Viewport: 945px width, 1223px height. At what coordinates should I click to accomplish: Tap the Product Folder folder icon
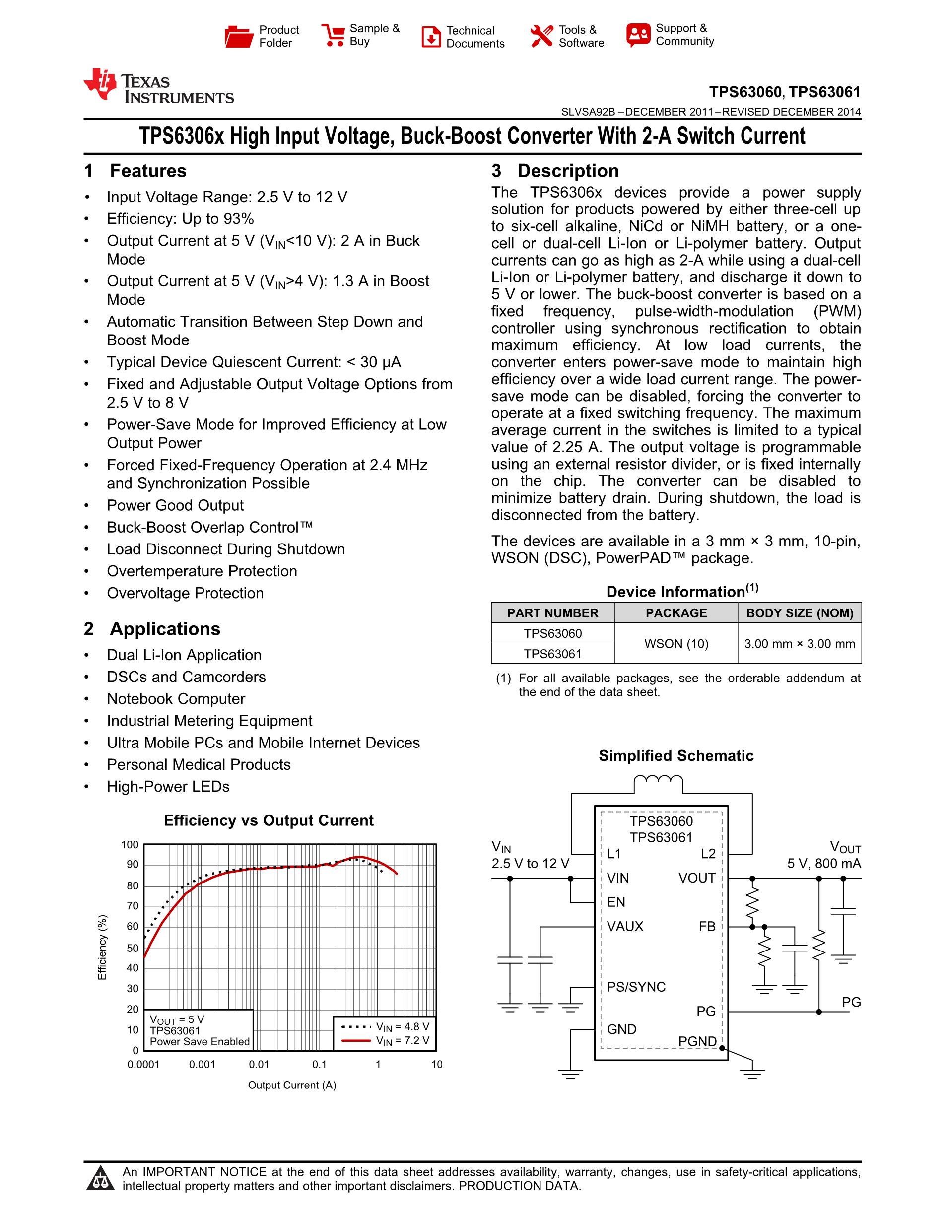click(239, 36)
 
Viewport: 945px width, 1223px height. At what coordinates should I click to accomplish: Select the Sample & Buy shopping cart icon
click(333, 35)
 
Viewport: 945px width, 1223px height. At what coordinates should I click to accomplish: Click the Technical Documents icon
click(430, 37)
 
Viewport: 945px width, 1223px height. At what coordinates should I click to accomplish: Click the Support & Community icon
click(638, 35)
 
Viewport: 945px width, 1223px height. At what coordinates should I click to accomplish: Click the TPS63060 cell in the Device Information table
click(552, 633)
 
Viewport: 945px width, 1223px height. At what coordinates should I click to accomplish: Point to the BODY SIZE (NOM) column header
click(800, 613)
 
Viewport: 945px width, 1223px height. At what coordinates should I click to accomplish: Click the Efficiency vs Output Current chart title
click(268, 820)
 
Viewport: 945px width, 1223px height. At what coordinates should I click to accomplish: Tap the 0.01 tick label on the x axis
click(259, 1065)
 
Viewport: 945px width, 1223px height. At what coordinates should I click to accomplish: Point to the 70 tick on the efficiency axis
click(132, 906)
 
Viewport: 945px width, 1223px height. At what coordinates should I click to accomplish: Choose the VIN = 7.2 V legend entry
click(402, 1040)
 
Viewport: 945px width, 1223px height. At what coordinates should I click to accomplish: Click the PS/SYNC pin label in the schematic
click(636, 987)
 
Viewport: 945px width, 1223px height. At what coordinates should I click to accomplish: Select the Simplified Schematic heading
click(675, 756)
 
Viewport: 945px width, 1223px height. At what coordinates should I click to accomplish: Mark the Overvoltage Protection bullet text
click(185, 593)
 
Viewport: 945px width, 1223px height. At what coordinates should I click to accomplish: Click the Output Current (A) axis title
click(292, 1085)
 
